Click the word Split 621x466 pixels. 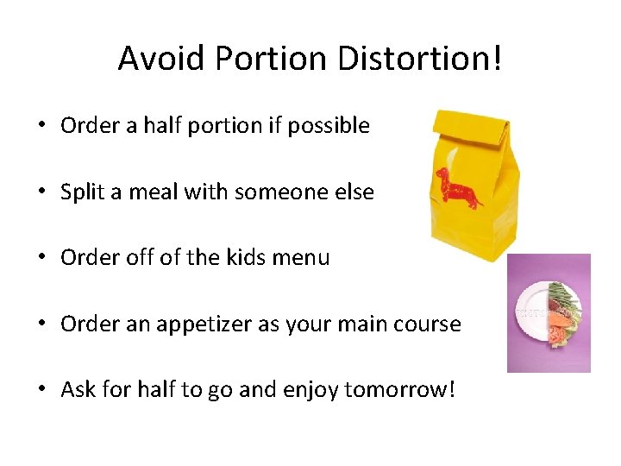[82, 192]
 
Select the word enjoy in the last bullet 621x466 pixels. [312, 391]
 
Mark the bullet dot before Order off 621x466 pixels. [41, 258]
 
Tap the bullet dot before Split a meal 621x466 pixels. [41, 192]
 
